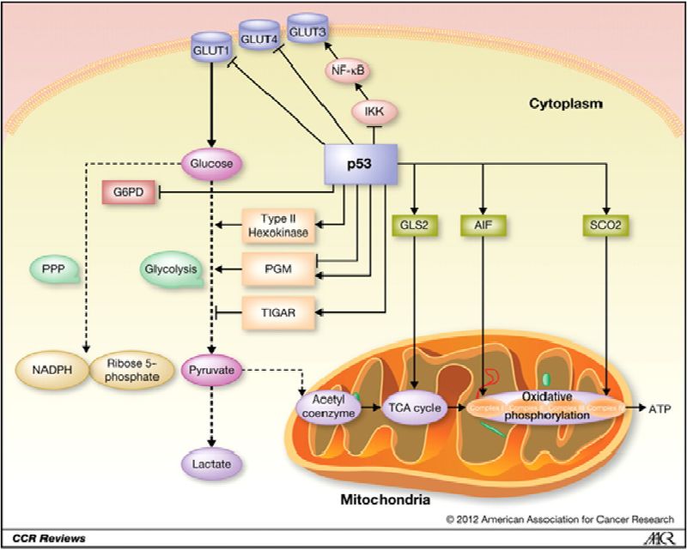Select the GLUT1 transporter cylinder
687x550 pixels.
tap(210, 48)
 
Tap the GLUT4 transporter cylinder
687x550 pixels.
tap(258, 36)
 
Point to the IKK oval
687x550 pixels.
tap(371, 111)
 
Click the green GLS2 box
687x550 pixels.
tap(415, 225)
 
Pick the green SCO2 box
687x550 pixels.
tap(607, 225)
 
